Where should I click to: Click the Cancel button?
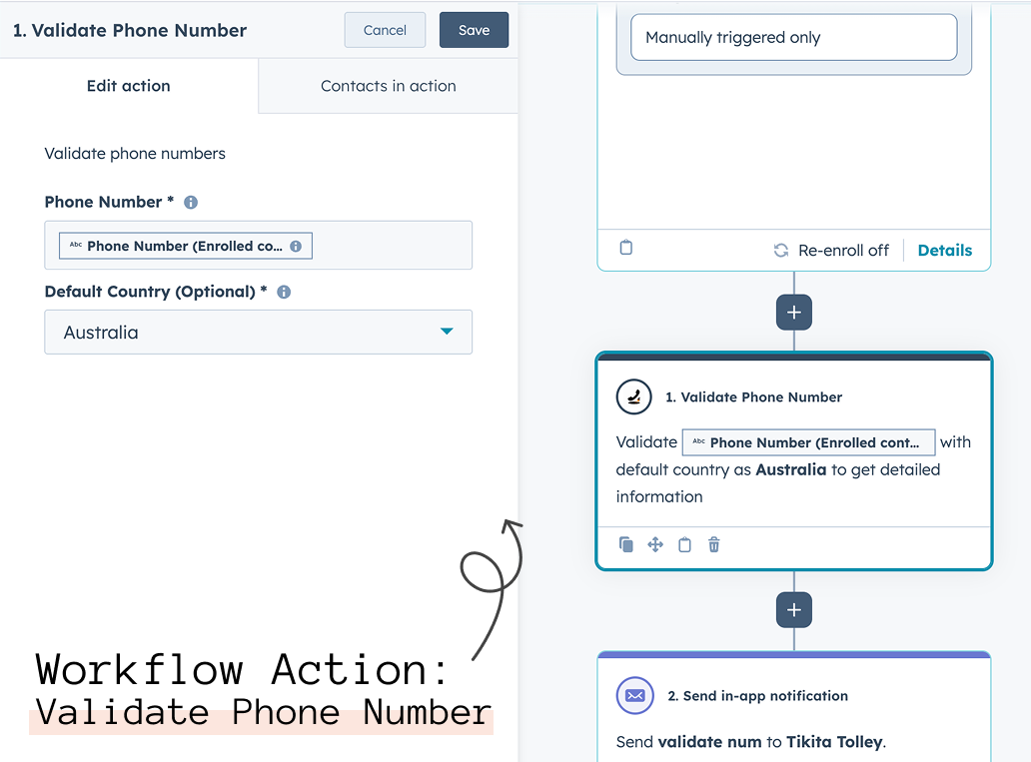[x=385, y=30]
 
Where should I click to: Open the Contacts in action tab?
[x=388, y=86]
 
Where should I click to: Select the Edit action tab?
[x=129, y=86]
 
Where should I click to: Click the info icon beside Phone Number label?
[x=191, y=203]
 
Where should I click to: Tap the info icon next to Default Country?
[x=284, y=292]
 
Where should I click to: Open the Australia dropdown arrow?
[x=447, y=332]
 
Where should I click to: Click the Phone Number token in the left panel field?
[x=186, y=246]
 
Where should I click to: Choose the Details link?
[x=944, y=251]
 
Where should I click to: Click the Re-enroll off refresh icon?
[x=780, y=251]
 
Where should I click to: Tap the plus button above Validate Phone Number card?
[x=793, y=312]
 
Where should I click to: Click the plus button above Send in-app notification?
[x=793, y=610]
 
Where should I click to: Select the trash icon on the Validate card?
[x=713, y=544]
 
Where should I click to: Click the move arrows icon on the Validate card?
[x=655, y=544]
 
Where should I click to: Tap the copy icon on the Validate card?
[x=626, y=544]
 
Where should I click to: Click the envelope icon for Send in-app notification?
[x=634, y=696]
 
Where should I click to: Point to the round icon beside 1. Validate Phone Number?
[x=633, y=397]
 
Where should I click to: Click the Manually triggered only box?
[x=793, y=38]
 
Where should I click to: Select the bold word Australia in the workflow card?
[x=791, y=470]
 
